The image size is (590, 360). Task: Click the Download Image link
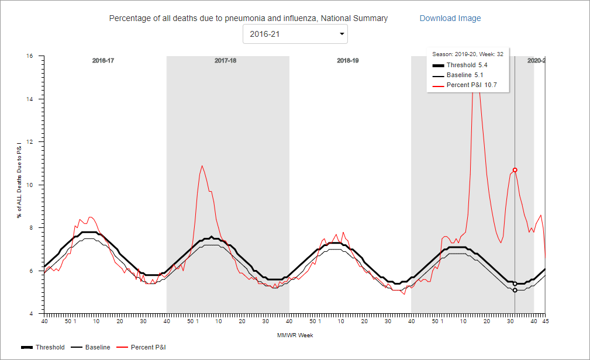(x=450, y=18)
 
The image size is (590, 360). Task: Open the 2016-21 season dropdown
(x=295, y=34)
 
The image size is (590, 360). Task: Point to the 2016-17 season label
(x=103, y=61)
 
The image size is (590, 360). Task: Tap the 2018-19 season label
(x=348, y=61)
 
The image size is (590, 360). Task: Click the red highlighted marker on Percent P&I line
(x=515, y=170)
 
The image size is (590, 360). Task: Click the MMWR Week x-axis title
(x=295, y=335)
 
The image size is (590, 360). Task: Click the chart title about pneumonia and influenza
(x=248, y=18)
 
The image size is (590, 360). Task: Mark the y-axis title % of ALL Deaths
(x=19, y=185)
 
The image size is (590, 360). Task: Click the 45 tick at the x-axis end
(x=545, y=321)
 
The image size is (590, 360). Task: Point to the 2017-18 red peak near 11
(x=202, y=166)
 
